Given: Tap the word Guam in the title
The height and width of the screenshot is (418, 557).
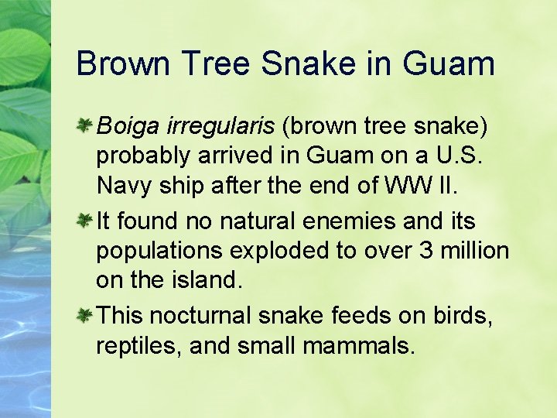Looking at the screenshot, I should point(449,63).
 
